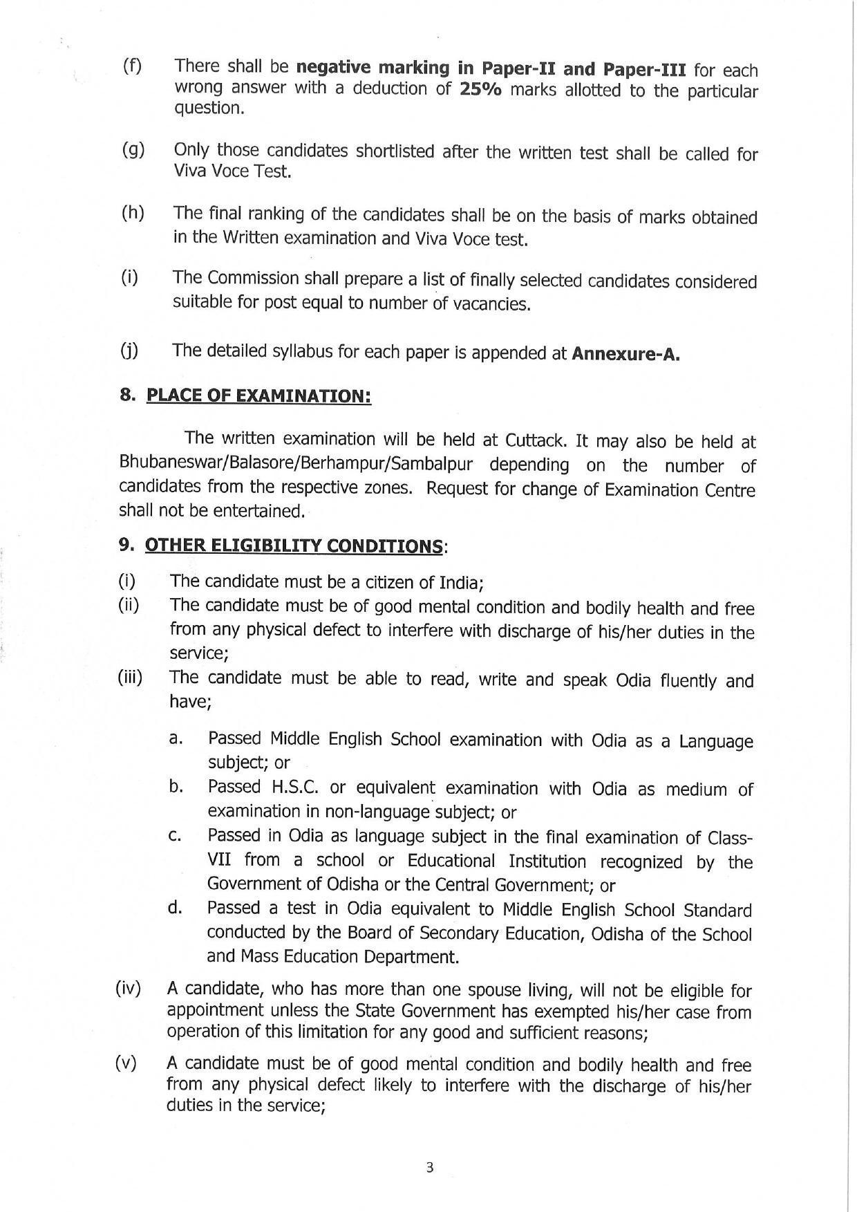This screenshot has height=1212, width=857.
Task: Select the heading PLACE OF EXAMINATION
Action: tap(258, 396)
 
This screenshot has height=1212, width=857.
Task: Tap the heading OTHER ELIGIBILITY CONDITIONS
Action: tap(293, 546)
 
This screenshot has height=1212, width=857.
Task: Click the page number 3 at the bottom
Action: tap(429, 1168)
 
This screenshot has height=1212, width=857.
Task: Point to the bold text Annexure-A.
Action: tap(625, 354)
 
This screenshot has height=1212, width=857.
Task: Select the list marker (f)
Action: tap(131, 66)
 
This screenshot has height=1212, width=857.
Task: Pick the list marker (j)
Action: tap(129, 351)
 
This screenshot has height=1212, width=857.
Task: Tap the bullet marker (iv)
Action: tap(128, 989)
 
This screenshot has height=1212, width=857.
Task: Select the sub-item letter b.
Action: tap(175, 787)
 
